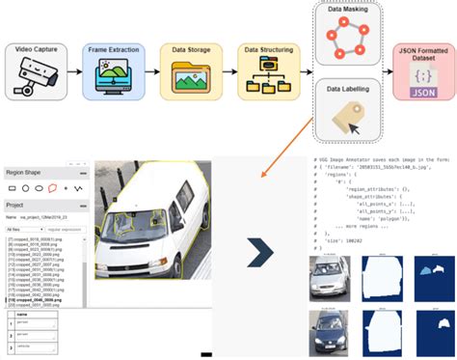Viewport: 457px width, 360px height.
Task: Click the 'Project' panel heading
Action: pos(15,205)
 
